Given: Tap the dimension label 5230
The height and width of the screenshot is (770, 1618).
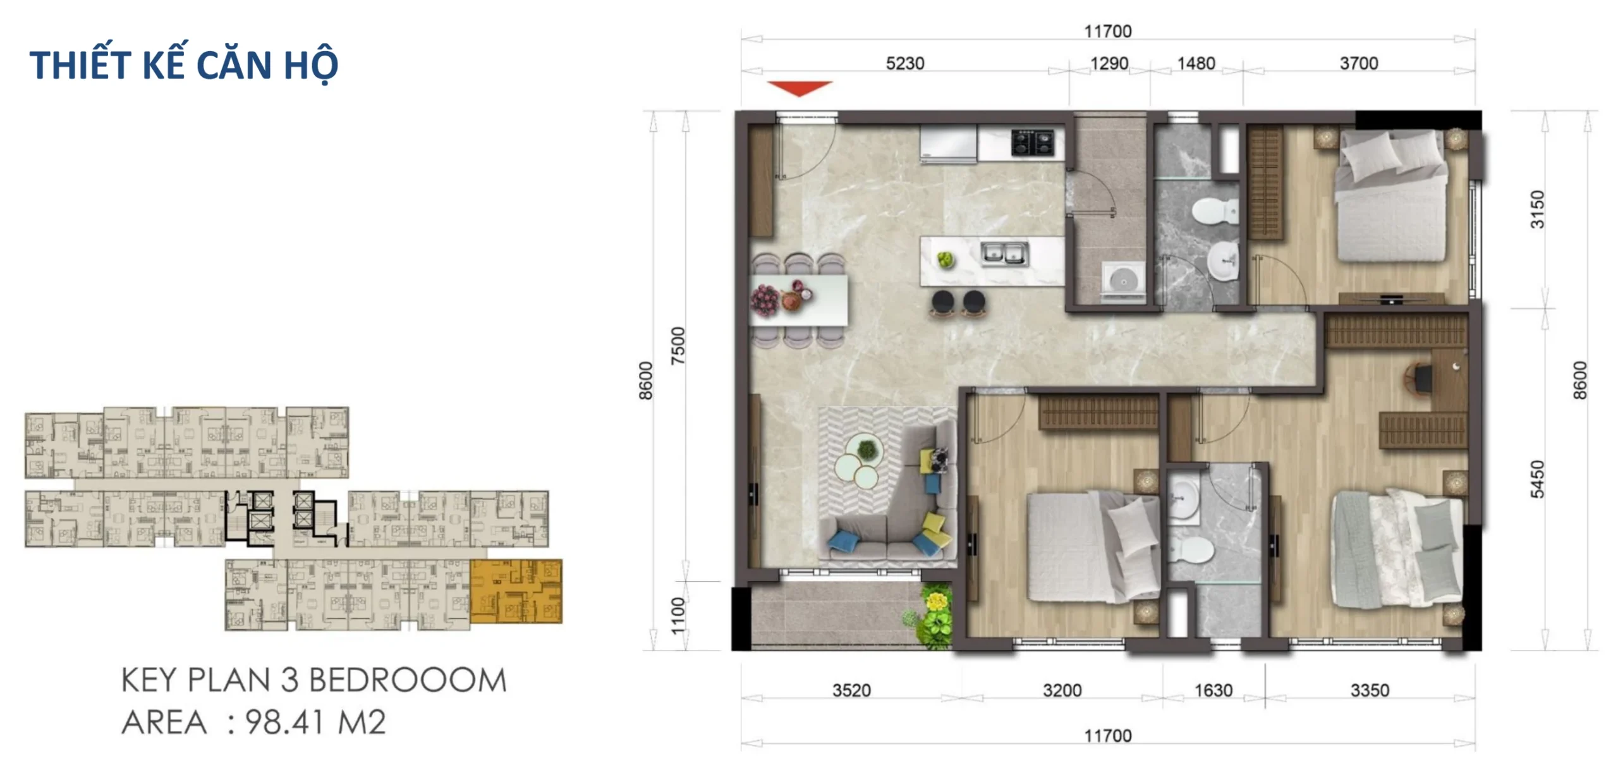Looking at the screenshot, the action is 905,63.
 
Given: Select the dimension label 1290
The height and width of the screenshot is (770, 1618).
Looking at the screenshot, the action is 1109,63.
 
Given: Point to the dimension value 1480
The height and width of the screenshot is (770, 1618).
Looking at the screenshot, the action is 1196,63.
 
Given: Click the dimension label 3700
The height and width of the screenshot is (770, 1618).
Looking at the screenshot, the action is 1359,63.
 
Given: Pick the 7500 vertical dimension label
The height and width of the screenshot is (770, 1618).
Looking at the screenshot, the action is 678,346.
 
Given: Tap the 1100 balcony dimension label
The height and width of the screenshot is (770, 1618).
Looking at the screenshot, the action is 678,615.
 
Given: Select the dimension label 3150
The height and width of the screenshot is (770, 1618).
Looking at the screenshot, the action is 1537,209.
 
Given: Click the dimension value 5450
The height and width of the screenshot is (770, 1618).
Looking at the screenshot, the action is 1537,479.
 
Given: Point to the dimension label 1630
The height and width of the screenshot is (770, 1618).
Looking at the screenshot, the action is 1213,690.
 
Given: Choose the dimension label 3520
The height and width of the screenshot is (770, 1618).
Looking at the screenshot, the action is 851,690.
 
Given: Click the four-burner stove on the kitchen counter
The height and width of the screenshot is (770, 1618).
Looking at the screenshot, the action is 1033,142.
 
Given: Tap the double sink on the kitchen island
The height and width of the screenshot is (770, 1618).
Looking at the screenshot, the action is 1004,254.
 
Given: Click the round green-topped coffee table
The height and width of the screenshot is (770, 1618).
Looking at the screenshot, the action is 867,449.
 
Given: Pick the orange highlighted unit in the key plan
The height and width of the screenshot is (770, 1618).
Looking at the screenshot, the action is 516,591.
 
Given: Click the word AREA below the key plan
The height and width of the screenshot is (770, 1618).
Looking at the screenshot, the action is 164,723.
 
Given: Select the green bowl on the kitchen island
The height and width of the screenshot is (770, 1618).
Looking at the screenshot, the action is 945,259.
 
